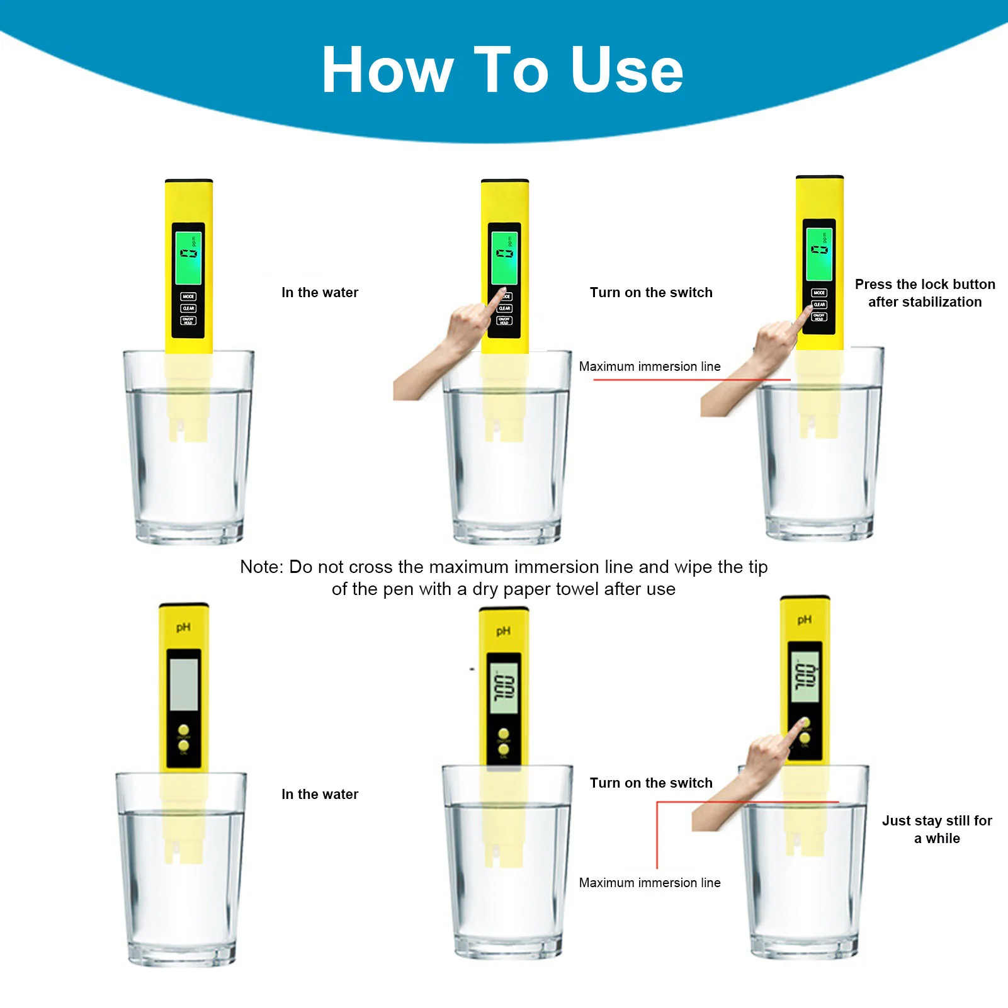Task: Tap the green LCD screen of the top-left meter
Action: click(x=188, y=258)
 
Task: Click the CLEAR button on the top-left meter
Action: click(x=188, y=309)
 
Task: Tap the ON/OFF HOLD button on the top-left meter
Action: click(x=188, y=321)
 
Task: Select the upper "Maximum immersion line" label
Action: click(x=650, y=366)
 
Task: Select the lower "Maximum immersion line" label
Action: click(x=650, y=883)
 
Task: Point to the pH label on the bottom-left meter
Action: click(x=183, y=627)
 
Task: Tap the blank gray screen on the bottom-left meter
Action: click(x=184, y=685)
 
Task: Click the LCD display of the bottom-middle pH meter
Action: click(x=504, y=688)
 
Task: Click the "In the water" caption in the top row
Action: click(x=320, y=293)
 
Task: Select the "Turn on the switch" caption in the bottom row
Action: click(x=651, y=783)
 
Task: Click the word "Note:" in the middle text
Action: click(x=262, y=567)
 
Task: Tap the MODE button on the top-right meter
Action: click(x=819, y=293)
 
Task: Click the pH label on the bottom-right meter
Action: click(x=804, y=620)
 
